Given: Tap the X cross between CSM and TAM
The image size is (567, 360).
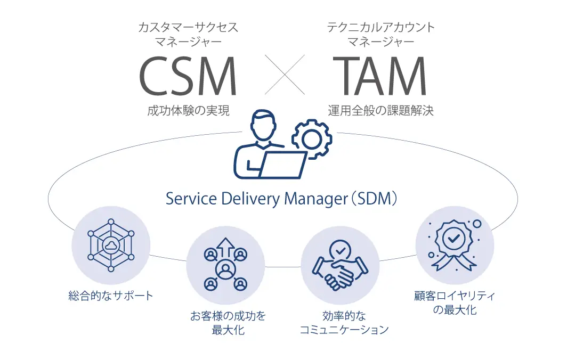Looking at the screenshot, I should (x=285, y=75).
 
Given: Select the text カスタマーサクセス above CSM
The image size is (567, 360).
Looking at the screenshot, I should (x=188, y=28).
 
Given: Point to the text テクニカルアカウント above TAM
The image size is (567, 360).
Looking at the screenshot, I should (x=380, y=28).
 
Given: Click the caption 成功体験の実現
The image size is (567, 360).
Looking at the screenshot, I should (x=188, y=111).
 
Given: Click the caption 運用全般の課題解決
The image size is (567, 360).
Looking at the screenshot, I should (x=380, y=111).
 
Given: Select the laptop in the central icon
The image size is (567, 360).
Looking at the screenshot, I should (x=282, y=164).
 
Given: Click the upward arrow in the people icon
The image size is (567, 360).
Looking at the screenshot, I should (x=225, y=247).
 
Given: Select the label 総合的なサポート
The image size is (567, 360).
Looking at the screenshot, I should (x=111, y=294).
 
